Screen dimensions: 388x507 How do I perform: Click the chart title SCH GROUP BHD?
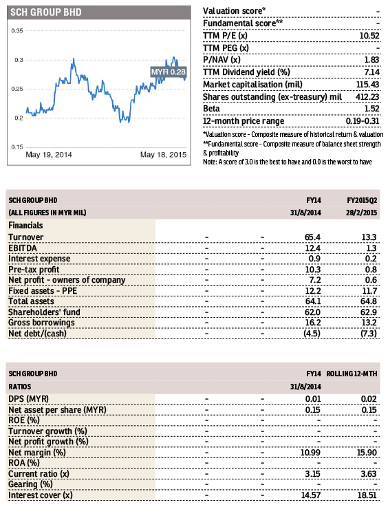pyautogui.click(x=45, y=12)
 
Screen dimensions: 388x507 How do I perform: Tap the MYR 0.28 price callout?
pyautogui.click(x=169, y=72)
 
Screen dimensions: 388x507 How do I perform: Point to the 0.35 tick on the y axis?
pyautogui.click(x=17, y=31)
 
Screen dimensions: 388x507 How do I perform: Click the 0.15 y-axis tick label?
pyautogui.click(x=17, y=147)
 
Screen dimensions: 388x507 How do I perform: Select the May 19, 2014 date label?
pyautogui.click(x=49, y=155)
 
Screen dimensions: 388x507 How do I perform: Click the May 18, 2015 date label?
pyautogui.click(x=163, y=155)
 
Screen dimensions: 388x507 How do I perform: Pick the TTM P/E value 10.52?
pyautogui.click(x=369, y=36)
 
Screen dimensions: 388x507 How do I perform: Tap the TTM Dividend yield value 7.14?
pyautogui.click(x=371, y=72)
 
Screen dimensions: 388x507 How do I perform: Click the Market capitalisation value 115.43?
pyautogui.click(x=368, y=85)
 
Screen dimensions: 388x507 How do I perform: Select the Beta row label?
pyautogui.click(x=211, y=109)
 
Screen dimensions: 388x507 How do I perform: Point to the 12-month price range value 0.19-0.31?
pyautogui.click(x=363, y=121)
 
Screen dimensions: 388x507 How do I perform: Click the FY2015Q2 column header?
pyautogui.click(x=362, y=200)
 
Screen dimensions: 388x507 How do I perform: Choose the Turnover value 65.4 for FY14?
pyautogui.click(x=312, y=237)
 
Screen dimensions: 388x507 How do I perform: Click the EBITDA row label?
pyautogui.click(x=23, y=248)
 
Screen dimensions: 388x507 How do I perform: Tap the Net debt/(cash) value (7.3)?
pyautogui.click(x=369, y=334)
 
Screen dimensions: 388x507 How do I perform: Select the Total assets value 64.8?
pyautogui.click(x=369, y=301)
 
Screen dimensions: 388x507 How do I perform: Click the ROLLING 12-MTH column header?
pyautogui.click(x=352, y=374)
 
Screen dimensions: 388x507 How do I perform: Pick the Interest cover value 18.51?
pyautogui.click(x=367, y=495)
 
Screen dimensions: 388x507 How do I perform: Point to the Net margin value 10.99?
pyautogui.click(x=310, y=453)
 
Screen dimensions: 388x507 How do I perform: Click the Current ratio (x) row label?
pyautogui.click(x=39, y=474)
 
